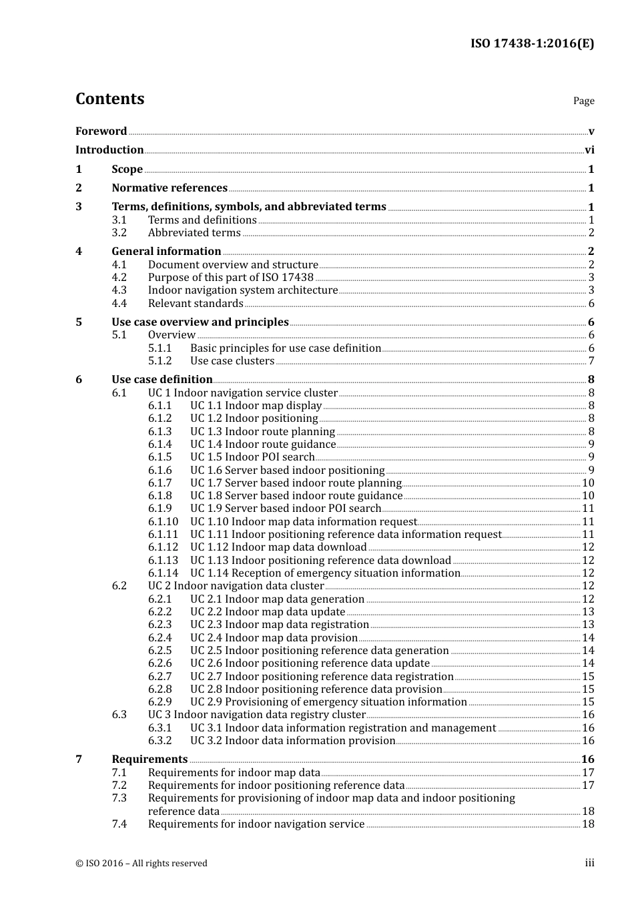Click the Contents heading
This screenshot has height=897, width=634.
point(109,99)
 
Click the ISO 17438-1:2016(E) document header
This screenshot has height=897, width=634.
point(532,43)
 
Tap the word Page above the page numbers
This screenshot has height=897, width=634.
point(583,101)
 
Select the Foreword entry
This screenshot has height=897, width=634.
point(101,131)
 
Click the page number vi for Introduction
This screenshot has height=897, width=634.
point(589,150)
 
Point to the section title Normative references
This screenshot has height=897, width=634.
point(170,188)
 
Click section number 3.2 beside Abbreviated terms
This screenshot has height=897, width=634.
point(119,233)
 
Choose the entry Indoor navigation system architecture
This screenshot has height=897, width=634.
point(243,290)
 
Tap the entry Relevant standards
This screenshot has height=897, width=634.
point(196,304)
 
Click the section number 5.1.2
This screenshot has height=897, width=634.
point(160,361)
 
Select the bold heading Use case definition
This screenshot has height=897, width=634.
point(162,380)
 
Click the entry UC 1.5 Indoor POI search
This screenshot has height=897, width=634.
point(252,457)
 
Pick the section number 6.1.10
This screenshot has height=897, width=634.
point(163,522)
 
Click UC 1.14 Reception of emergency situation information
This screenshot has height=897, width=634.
point(325,573)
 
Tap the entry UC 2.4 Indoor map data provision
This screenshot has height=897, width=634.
point(274,638)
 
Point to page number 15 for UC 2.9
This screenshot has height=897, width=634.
point(588,702)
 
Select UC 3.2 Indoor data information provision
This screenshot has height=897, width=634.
point(292,741)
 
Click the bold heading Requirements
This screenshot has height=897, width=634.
point(149,760)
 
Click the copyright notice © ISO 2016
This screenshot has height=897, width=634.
point(141,864)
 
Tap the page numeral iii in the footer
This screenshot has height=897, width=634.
point(590,863)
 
